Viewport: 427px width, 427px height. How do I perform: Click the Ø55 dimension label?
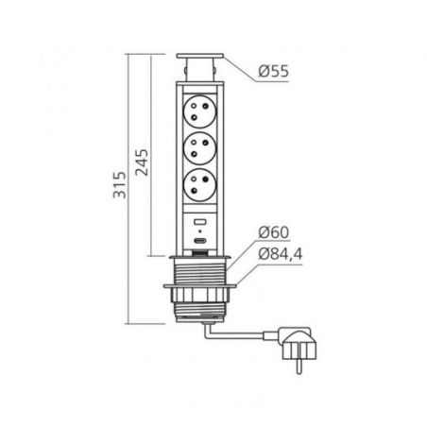273,72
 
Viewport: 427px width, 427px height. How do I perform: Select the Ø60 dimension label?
273,232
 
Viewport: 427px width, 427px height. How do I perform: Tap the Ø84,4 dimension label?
280,254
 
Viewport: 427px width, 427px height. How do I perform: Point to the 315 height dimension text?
120,185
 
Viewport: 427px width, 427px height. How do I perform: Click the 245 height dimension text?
142,162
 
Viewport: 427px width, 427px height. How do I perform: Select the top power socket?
200,111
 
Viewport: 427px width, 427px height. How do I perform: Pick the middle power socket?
200,148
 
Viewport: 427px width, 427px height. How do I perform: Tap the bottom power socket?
200,184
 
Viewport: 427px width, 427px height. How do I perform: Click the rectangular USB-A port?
200,222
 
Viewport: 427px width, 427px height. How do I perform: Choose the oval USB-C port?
200,241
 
